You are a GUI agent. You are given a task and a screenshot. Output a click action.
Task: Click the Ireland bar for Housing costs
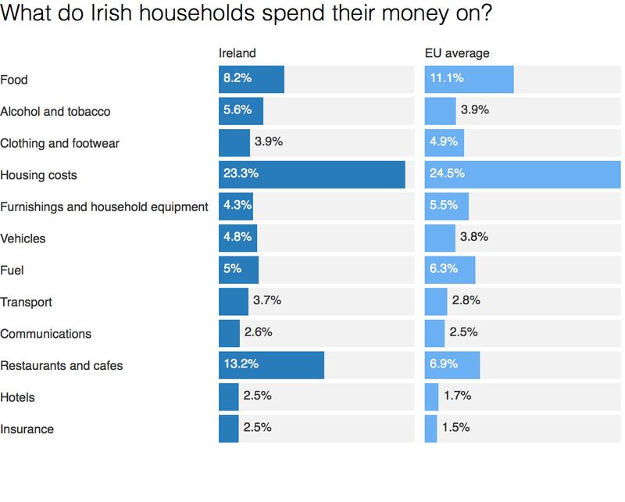(312, 174)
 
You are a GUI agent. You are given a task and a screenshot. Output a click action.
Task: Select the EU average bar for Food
(469, 79)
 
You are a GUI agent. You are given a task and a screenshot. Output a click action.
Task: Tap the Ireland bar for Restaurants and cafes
(271, 365)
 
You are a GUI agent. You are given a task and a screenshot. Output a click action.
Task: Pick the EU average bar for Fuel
(449, 270)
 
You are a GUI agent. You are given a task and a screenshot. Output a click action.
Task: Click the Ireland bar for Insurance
(228, 428)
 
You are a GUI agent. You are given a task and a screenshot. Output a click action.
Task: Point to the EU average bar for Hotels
(431, 397)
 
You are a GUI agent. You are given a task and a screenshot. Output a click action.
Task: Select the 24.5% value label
(447, 174)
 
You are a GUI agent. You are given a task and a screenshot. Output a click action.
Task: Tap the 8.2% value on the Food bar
(237, 79)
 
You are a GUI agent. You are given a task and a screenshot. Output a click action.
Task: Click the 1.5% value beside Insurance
(456, 428)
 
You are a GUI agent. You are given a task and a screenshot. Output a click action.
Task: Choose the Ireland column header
(237, 53)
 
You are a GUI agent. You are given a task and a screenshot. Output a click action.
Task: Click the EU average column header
(457, 53)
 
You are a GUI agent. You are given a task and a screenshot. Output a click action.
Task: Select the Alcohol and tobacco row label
(55, 111)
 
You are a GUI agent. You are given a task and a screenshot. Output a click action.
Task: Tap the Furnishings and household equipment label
(104, 206)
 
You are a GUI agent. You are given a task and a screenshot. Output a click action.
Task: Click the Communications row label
(46, 334)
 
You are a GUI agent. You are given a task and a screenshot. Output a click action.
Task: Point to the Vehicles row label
(23, 238)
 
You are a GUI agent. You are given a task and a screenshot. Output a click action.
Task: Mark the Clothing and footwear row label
(59, 143)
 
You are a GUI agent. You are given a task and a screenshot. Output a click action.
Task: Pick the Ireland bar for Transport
(233, 302)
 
